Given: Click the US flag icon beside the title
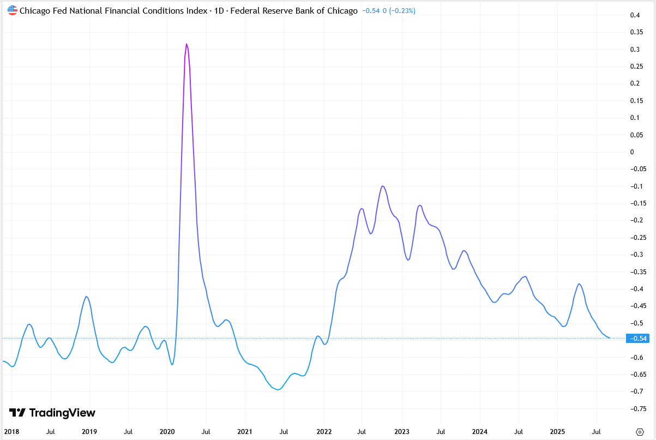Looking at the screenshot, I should coord(12,10).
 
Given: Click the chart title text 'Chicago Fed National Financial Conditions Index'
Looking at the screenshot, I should coord(113,10).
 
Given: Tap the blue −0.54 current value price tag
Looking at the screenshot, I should coord(637,339).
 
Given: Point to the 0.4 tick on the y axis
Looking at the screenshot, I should coord(635,15).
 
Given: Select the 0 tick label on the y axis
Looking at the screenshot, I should coord(632,152).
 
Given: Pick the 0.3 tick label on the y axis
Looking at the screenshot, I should coord(635,50).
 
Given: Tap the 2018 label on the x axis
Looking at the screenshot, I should coord(11,431).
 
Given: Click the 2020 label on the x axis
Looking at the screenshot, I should coord(167,431).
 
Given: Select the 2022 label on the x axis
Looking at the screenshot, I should coord(324,431).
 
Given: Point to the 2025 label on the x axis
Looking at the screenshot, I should coord(558,431).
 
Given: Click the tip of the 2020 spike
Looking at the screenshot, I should coord(186,44).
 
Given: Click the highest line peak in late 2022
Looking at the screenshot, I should coord(383,186).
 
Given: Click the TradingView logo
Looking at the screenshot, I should coord(52,413).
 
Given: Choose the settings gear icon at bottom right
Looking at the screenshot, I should coord(641,431).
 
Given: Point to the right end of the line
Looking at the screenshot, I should coord(609,338).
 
